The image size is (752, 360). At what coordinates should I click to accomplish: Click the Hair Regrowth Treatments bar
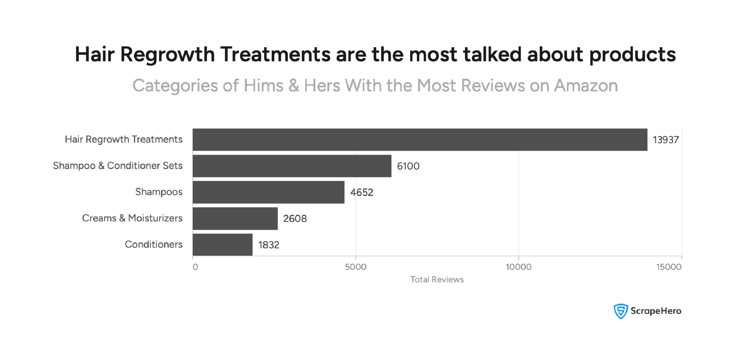[x=420, y=140]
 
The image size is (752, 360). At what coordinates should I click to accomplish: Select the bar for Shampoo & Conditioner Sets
[x=292, y=166]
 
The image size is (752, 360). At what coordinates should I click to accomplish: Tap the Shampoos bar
[x=268, y=192]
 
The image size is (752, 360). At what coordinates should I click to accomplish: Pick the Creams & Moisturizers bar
[x=235, y=218]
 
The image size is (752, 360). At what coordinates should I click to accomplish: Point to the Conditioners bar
[x=222, y=245]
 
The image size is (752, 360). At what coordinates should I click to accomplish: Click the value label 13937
[x=666, y=140]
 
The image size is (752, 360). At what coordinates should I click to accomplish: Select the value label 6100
[x=408, y=166]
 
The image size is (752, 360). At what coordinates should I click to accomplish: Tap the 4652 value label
[x=362, y=192]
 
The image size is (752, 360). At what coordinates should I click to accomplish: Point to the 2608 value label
[x=295, y=219]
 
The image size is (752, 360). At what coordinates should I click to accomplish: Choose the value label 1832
[x=269, y=245]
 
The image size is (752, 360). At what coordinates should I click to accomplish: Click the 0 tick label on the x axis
[x=195, y=267]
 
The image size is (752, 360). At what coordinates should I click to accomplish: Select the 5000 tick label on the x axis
[x=355, y=267]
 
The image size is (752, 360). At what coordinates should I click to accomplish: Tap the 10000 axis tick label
[x=518, y=267]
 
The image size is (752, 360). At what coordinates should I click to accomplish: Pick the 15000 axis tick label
[x=669, y=267]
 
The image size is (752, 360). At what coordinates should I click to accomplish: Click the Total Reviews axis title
[x=437, y=279]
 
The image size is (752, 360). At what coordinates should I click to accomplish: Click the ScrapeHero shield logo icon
[x=621, y=311]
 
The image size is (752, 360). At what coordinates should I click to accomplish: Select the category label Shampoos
[x=159, y=192]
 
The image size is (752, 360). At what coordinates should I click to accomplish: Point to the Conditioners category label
[x=154, y=245]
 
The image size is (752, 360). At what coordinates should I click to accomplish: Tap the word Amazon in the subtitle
[x=586, y=86]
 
